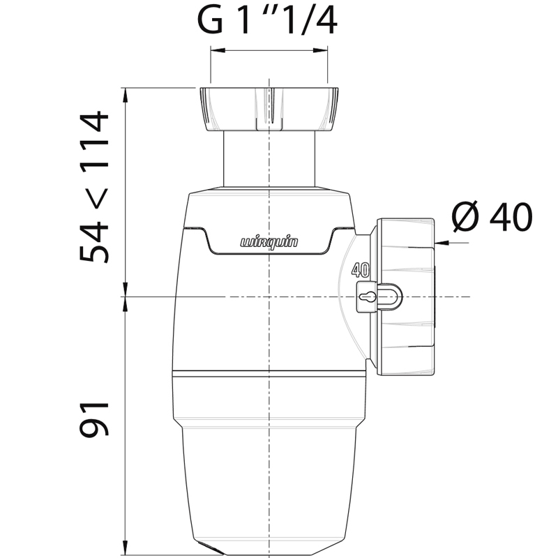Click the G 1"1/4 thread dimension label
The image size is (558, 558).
point(267,22)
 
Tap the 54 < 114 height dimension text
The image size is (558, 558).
point(94,187)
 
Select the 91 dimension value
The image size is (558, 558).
point(94,419)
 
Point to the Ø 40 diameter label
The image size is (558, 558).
point(492,217)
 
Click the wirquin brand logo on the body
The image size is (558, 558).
point(269,243)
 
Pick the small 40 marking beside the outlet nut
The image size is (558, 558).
point(361,271)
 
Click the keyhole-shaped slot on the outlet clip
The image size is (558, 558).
point(367,296)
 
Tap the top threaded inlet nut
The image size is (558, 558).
point(269,110)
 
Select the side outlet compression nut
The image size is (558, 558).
point(405,297)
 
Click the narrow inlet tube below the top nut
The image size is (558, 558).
point(269,159)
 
